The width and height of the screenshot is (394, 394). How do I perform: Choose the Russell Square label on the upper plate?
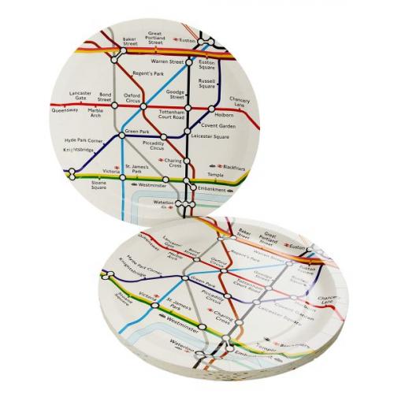[x=207, y=84]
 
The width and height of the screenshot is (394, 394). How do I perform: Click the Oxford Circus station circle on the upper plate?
[x=144, y=106]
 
